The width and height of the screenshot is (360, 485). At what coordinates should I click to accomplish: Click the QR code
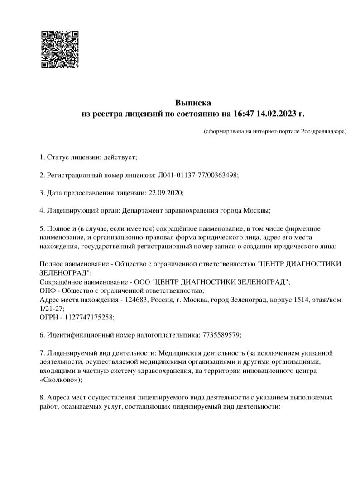(x=60, y=49)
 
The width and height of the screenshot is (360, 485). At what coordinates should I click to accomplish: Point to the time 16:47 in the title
(x=244, y=113)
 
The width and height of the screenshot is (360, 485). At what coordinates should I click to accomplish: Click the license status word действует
(x=120, y=157)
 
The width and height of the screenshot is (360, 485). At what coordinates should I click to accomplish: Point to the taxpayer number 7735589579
(x=220, y=335)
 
